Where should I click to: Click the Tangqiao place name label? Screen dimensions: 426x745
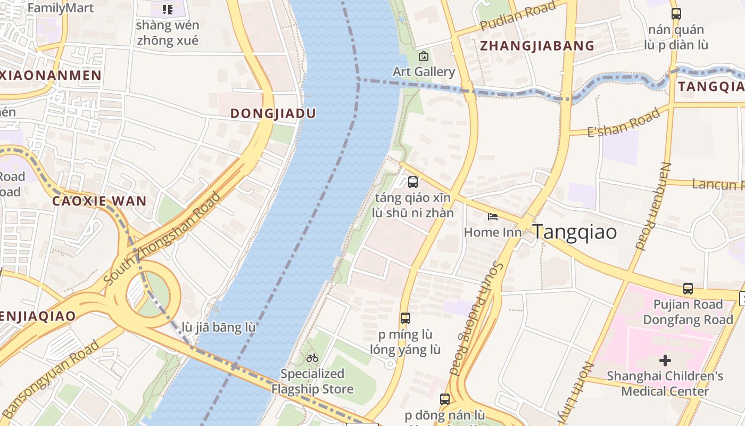pos(575,232)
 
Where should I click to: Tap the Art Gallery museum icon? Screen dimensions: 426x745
pos(424,56)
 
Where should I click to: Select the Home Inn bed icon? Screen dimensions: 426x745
pos(493,216)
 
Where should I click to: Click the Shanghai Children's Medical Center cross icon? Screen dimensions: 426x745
pos(665,361)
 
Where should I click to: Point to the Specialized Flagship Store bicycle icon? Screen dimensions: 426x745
pos(312,358)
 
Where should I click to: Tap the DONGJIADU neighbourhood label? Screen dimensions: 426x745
pos(273,113)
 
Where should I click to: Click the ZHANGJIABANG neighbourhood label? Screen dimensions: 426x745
pos(537,46)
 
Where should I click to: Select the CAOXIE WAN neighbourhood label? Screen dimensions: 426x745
pos(99,201)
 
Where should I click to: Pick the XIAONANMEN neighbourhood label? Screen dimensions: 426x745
pos(51,75)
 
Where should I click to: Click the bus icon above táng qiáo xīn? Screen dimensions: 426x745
pos(412,182)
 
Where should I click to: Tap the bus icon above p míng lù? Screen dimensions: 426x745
pos(405,318)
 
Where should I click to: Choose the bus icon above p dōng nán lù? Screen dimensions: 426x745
pos(445,399)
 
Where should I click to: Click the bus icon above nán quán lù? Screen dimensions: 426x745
pos(676,14)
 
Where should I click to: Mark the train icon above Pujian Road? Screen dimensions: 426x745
pos(688,289)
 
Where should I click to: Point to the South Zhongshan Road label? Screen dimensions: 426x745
pos(162,238)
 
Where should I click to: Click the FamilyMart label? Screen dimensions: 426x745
pos(60,8)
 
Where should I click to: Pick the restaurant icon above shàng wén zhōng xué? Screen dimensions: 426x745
pos(168,10)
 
